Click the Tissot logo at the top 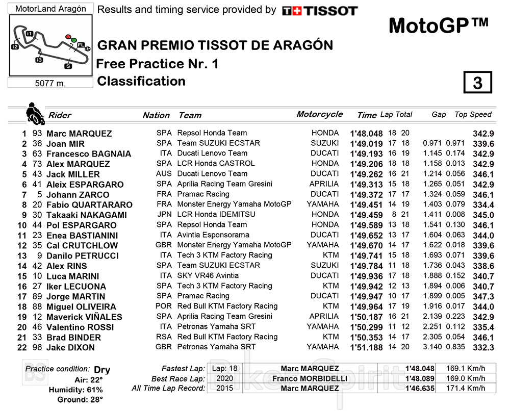(x=320, y=11)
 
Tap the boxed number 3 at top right (x=477, y=83)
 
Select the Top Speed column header (x=473, y=115)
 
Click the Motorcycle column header (x=319, y=114)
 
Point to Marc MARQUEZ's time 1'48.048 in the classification (x=366, y=133)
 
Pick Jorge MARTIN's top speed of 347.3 (x=483, y=296)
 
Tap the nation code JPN (x=164, y=215)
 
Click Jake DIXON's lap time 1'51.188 (x=366, y=347)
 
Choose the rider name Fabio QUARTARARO (x=89, y=204)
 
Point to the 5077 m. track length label (x=50, y=83)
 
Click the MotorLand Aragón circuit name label (x=50, y=9)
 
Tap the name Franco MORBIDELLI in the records (x=309, y=378)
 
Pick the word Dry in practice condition (x=102, y=370)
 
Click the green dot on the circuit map (x=74, y=40)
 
